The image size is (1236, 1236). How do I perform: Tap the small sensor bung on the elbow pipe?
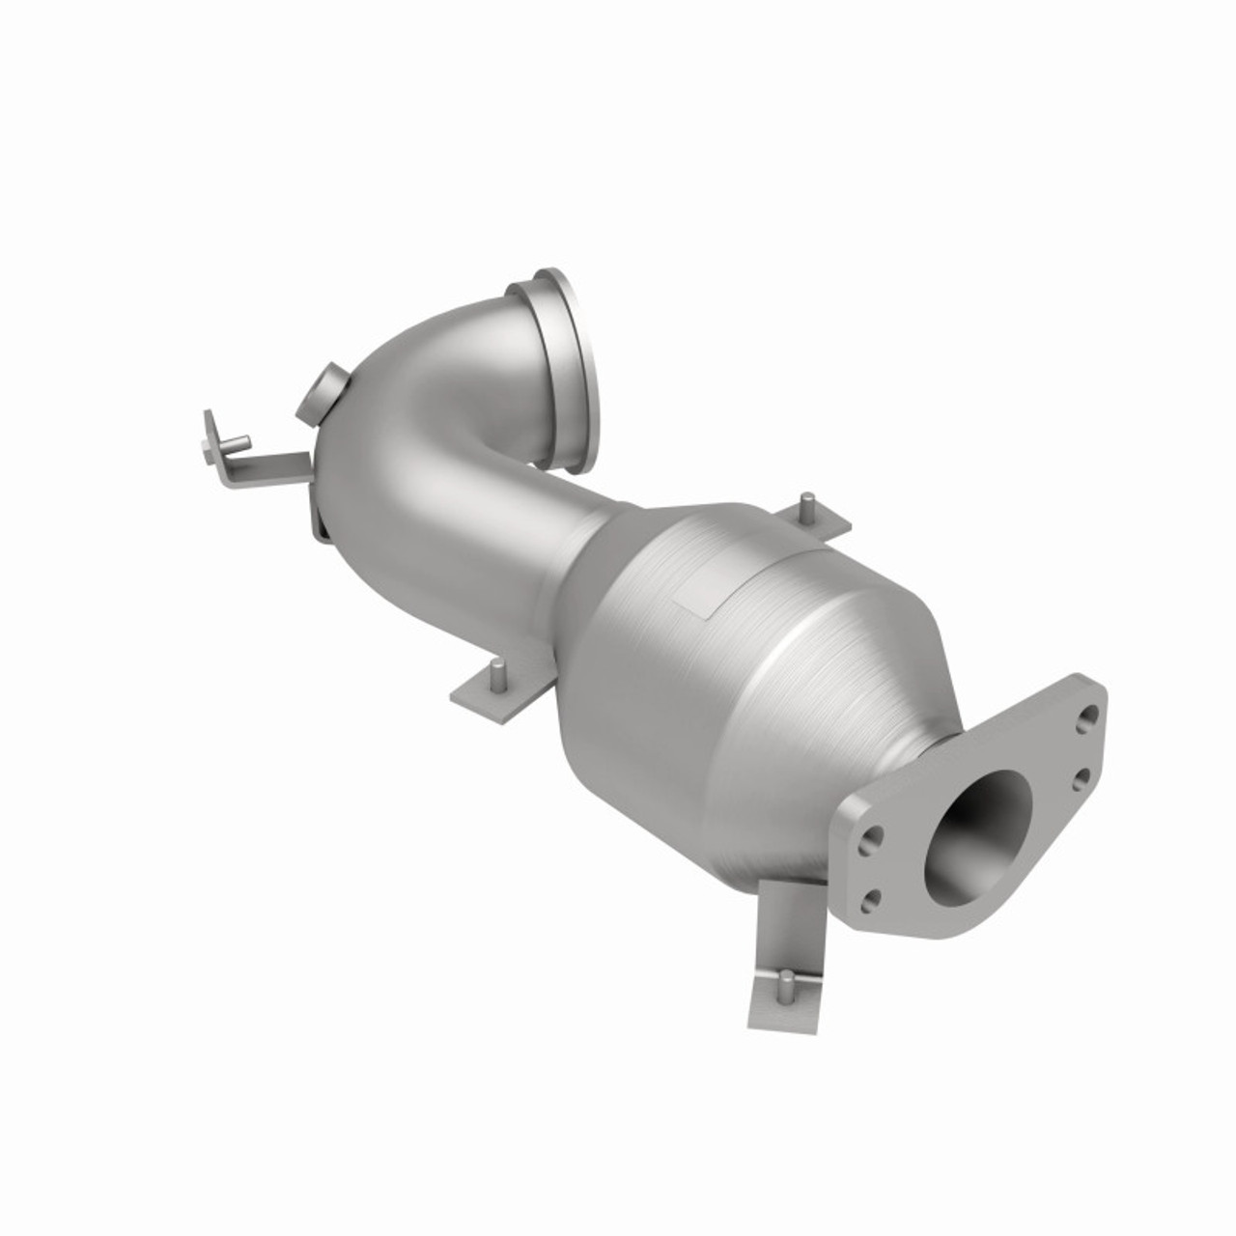coord(329,386)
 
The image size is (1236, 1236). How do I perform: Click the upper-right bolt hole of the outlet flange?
coord(1090,716)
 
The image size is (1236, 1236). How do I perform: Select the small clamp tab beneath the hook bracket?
coord(319,521)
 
